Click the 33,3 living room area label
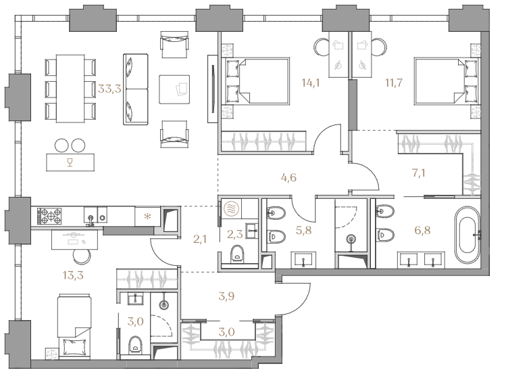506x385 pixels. pos(109,89)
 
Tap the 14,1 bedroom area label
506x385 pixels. pos(311,83)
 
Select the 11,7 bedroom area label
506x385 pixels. pos(394,83)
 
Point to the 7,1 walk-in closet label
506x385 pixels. pos(419,173)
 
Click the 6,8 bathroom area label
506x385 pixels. pos(422,231)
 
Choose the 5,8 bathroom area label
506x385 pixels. pos(303,231)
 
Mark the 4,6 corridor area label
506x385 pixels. pos(288,177)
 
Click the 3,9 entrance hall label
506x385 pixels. pos(226,296)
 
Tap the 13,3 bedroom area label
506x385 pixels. pos(73,275)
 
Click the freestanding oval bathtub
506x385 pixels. pos(467,235)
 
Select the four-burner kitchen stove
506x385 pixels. pos(50,217)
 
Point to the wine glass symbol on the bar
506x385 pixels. pos(70,162)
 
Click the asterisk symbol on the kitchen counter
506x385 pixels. pos(147,217)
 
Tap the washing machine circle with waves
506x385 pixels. pos(230,208)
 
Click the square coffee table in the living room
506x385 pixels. pos(174,89)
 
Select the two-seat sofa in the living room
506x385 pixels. pos(136,89)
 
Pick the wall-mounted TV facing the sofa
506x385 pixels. pos(213,89)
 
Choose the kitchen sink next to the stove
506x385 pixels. pos(91,216)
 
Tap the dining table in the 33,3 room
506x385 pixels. pos(70,89)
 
